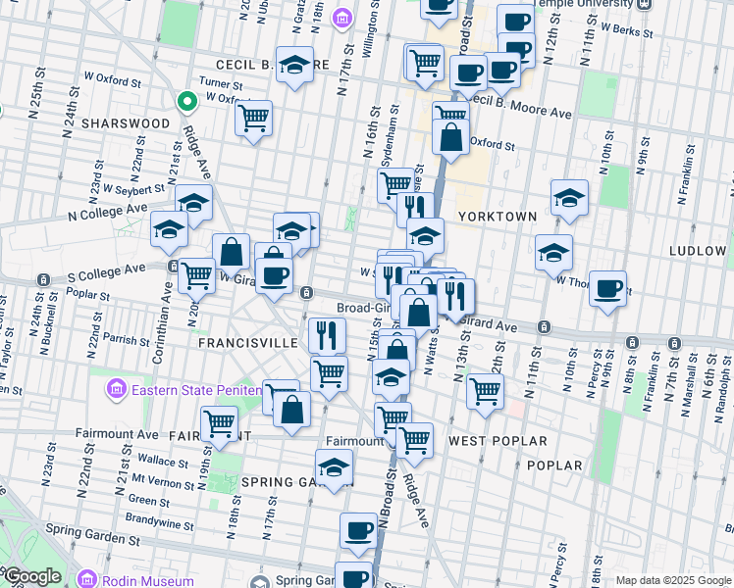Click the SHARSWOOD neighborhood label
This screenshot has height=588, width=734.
126,123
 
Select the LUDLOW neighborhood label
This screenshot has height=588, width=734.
697,251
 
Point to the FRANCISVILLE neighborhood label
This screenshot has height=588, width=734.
247,343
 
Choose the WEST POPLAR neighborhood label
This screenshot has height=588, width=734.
488,441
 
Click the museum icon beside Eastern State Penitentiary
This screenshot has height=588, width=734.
116,390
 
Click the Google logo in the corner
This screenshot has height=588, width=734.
31,576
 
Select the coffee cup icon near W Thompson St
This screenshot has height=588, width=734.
608,287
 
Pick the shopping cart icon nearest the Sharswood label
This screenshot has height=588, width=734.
253,119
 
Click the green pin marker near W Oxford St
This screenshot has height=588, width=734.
185,100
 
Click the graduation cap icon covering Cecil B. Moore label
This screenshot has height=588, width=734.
294,65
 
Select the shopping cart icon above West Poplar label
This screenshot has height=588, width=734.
485,391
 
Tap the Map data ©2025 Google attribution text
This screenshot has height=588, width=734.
673,580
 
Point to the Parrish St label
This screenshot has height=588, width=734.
125,339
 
